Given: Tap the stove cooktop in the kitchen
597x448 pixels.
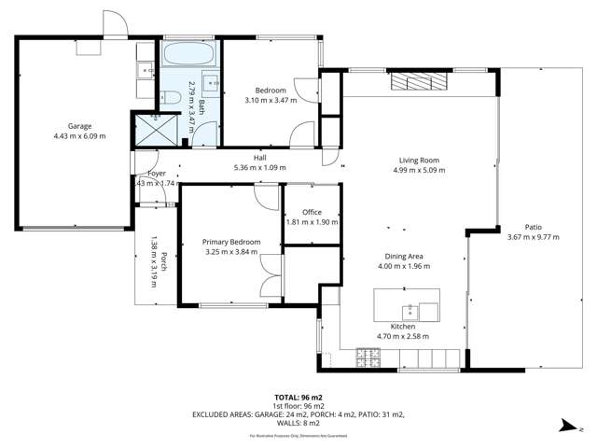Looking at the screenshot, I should [368, 355].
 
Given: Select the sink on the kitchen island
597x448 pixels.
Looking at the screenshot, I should [410, 312].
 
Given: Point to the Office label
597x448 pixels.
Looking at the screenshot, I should [311, 213].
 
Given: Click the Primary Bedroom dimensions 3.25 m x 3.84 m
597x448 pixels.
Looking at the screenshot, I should [231, 251].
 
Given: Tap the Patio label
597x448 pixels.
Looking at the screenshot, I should [533, 227].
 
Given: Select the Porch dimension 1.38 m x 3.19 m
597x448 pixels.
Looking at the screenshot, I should [155, 261].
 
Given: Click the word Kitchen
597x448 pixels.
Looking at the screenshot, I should [402, 326].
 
